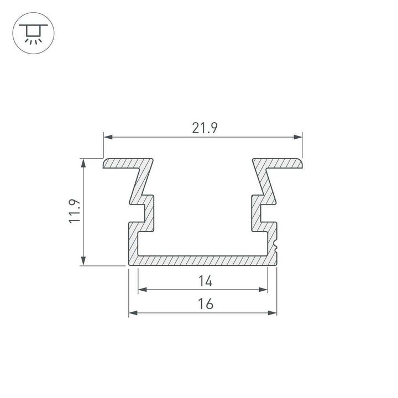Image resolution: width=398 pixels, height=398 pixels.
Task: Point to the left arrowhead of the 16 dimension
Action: click(133, 313)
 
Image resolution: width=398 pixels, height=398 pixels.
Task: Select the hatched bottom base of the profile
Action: click(203, 260)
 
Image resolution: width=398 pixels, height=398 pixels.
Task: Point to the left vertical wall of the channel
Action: click(133, 240)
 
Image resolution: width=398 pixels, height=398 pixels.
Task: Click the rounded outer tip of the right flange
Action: click(302, 164)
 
